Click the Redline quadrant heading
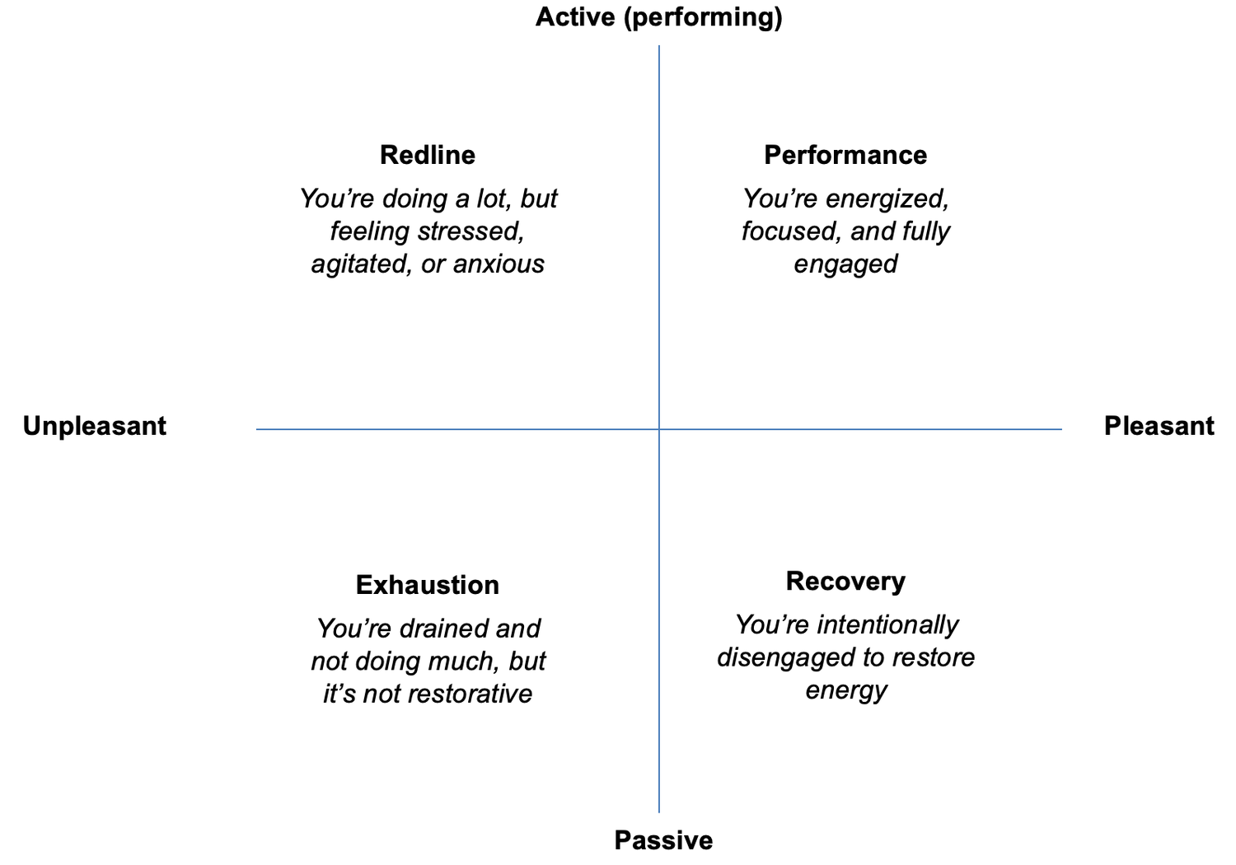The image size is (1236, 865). [x=428, y=155]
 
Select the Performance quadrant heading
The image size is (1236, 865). [x=845, y=155]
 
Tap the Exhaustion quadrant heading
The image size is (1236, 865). [x=428, y=585]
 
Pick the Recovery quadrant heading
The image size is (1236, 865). [x=845, y=582]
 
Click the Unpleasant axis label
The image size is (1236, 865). [x=95, y=426]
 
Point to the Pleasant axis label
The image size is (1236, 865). [x=1159, y=426]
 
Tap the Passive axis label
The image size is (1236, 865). [x=663, y=841]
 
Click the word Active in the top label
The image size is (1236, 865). [x=575, y=16]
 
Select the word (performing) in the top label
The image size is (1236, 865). [x=703, y=17]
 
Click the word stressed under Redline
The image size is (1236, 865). [x=470, y=231]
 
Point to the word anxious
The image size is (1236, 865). [x=499, y=264]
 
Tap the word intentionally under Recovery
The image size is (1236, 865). [x=887, y=625]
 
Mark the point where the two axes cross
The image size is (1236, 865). [x=659, y=429]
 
